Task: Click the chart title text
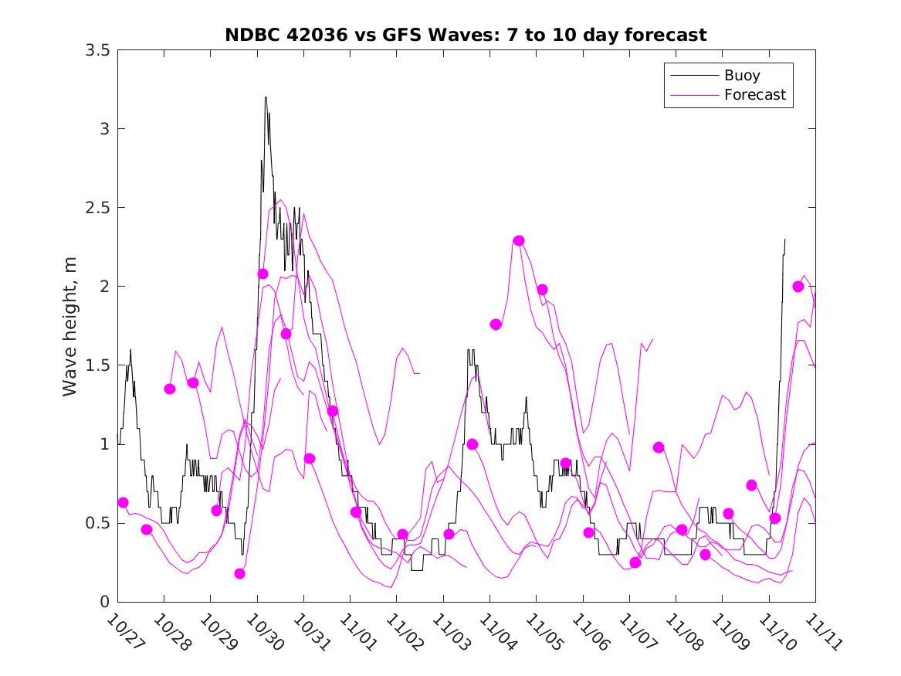[x=466, y=35]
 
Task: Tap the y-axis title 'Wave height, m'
[x=70, y=325]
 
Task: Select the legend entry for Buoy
[x=741, y=76]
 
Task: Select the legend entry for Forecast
[x=754, y=95]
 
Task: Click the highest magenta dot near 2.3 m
[x=519, y=241]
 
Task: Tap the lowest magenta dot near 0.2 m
[x=239, y=573]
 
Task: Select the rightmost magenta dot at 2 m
[x=798, y=287]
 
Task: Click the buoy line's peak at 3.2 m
[x=266, y=98]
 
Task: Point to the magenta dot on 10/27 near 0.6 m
[x=123, y=503]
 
